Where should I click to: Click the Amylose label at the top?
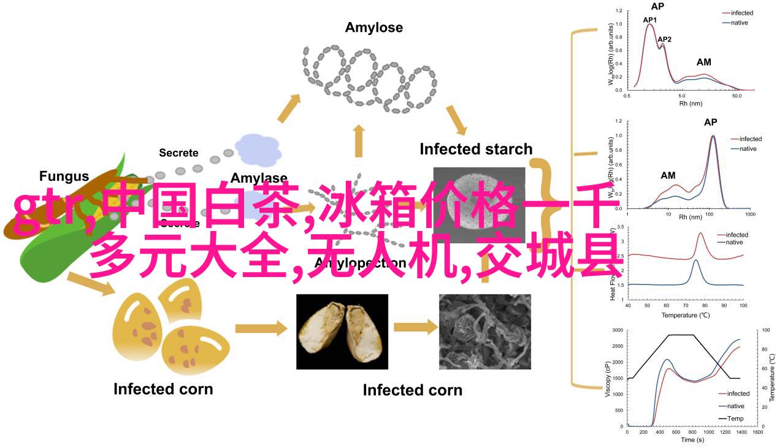[373, 28]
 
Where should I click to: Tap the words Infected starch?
[476, 149]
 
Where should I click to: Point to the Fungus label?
[64, 177]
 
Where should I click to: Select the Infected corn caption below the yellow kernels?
[163, 389]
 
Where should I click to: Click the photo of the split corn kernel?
[342, 332]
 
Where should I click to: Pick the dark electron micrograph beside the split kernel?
[485, 332]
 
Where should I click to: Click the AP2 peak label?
[664, 39]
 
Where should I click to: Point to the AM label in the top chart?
[704, 62]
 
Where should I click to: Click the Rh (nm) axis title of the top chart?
[691, 104]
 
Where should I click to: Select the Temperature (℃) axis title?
[685, 315]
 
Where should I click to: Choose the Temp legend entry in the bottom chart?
[735, 419]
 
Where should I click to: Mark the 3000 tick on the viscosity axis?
[616, 330]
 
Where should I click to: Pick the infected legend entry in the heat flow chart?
[737, 235]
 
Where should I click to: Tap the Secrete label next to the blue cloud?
[178, 153]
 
